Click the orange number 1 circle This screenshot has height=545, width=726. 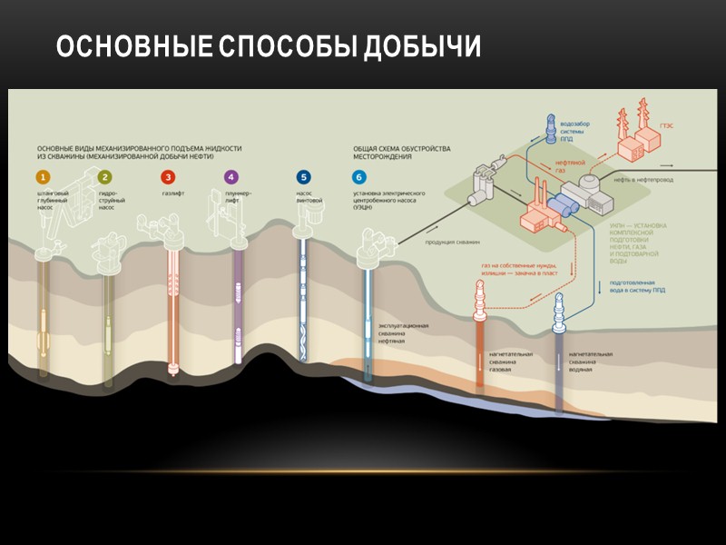42,177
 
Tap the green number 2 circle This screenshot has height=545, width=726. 105,177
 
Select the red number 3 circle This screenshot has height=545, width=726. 167,177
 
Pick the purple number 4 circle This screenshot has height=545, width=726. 231,177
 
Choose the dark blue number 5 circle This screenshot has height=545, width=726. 303,177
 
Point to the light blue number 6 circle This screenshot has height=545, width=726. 359,177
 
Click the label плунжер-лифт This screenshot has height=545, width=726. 239,197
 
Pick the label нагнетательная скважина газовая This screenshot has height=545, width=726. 510,362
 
